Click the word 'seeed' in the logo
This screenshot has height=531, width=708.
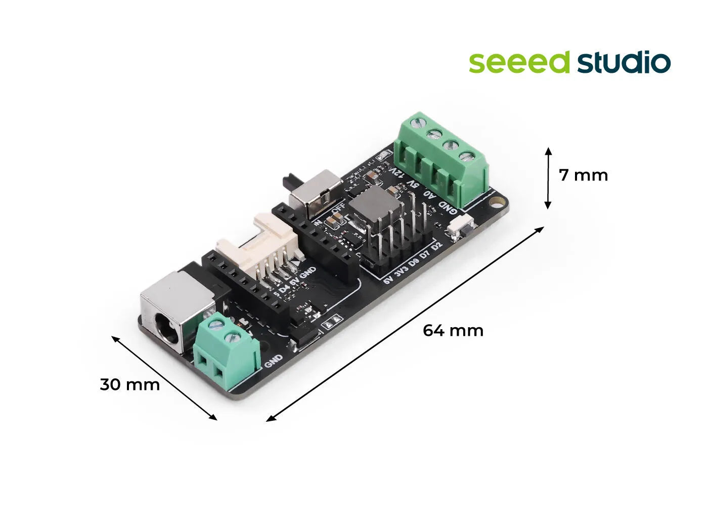coord(519,62)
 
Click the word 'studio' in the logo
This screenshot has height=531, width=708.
coord(624,62)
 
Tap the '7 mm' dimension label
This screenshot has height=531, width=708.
coord(583,175)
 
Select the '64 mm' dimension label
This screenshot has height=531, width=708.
coord(453,331)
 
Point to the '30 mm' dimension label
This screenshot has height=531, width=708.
coord(129,385)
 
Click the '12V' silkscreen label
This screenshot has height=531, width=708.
coord(398,174)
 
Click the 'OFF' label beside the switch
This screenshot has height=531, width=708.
coord(338,207)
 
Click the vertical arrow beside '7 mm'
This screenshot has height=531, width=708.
coord(548,178)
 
